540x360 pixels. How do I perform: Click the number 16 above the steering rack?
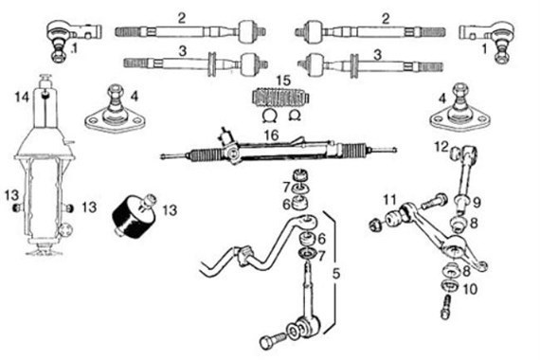pos(271,135)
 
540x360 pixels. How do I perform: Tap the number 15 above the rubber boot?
pos(283,81)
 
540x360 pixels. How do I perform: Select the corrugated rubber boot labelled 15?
pos(281,97)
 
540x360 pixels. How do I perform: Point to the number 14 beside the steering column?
pos(22,98)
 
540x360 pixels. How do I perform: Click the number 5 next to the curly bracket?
pos(336,274)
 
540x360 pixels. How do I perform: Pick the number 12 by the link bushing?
pos(441,147)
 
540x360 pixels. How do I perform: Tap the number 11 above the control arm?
pos(390,200)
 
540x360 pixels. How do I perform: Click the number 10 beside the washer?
pos(470,289)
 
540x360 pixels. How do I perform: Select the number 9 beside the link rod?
pos(477,203)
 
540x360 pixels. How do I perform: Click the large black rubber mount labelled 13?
pos(134,218)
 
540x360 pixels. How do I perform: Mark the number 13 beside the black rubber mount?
pos(170,210)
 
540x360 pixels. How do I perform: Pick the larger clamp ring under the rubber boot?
pos(268,116)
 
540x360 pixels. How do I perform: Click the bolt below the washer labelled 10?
pos(446,308)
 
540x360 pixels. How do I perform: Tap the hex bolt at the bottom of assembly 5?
pos(273,341)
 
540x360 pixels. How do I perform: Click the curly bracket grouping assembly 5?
pos(333,272)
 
